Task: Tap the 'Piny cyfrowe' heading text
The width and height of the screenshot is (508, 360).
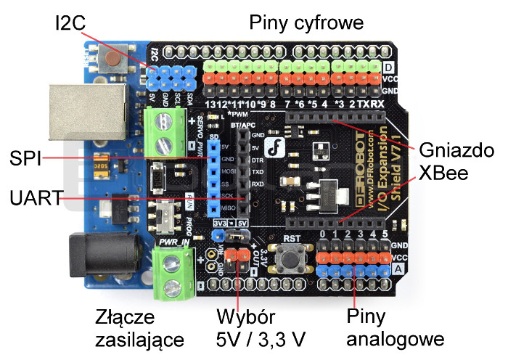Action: click(306, 23)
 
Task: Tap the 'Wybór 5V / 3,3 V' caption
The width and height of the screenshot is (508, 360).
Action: click(261, 328)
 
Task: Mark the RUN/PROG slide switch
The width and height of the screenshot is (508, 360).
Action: click(167, 214)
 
